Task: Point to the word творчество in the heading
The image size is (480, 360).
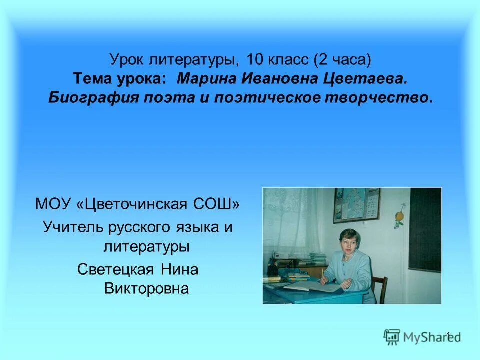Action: click(384, 97)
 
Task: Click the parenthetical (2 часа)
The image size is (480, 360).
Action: click(343, 61)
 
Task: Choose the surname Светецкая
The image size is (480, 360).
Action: click(117, 270)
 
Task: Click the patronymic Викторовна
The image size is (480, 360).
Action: click(146, 288)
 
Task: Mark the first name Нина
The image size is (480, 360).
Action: click(180, 270)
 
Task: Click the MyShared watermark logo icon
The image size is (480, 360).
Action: click(392, 336)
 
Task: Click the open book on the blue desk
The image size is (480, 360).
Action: click(305, 286)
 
